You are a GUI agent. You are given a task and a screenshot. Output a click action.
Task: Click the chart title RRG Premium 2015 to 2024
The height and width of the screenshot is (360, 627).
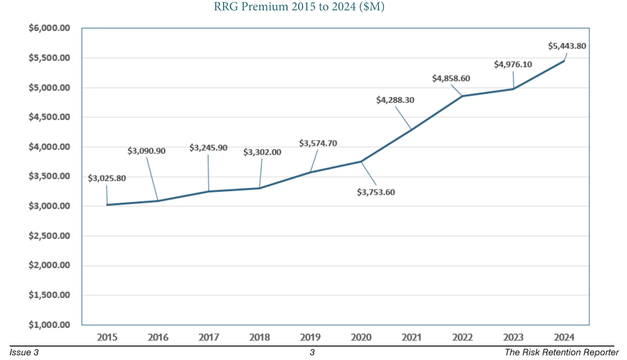pyautogui.click(x=299, y=7)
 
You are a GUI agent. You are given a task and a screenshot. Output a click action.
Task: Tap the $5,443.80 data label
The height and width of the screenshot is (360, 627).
pyautogui.click(x=567, y=46)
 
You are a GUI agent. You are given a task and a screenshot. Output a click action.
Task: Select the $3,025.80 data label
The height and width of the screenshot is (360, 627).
pyautogui.click(x=107, y=178)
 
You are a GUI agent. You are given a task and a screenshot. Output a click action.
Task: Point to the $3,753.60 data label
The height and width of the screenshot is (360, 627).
pyautogui.click(x=376, y=192)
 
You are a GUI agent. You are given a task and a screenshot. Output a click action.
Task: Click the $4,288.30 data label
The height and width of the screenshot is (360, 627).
pyautogui.click(x=395, y=100)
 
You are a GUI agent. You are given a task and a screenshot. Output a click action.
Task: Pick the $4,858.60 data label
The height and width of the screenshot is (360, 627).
pyautogui.click(x=451, y=78)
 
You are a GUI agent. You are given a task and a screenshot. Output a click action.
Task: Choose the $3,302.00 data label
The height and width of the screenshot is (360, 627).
pyautogui.click(x=262, y=152)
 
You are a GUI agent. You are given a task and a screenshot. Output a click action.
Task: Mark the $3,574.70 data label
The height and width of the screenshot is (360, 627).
pyautogui.click(x=318, y=143)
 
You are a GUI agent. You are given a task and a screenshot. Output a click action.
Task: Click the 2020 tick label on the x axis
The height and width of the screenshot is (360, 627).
pyautogui.click(x=361, y=337)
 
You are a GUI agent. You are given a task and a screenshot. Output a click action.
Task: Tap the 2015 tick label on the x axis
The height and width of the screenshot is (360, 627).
pyautogui.click(x=107, y=337)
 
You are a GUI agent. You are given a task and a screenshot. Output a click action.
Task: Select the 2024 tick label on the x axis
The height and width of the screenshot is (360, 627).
pyautogui.click(x=564, y=337)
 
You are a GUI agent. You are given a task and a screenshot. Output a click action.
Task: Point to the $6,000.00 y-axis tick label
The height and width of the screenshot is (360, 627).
pyautogui.click(x=49, y=28)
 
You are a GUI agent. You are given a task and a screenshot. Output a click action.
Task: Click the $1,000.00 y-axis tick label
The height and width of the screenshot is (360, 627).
pyautogui.click(x=49, y=325)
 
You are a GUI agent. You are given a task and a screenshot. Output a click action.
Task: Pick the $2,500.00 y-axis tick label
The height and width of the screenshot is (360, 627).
pyautogui.click(x=49, y=236)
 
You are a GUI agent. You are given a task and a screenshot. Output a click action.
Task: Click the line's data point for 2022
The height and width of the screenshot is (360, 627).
pyautogui.click(x=463, y=96)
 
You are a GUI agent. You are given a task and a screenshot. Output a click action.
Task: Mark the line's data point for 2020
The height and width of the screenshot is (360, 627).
pyautogui.click(x=361, y=162)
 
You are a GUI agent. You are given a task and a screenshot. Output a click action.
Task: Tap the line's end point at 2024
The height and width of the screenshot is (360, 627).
pyautogui.click(x=564, y=61)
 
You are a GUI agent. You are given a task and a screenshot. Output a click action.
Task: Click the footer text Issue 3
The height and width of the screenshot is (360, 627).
pyautogui.click(x=24, y=352)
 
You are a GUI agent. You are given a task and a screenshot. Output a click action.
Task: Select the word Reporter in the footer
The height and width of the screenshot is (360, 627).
pyautogui.click(x=602, y=352)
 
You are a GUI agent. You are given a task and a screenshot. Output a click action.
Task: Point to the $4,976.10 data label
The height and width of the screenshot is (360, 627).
pyautogui.click(x=513, y=64)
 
